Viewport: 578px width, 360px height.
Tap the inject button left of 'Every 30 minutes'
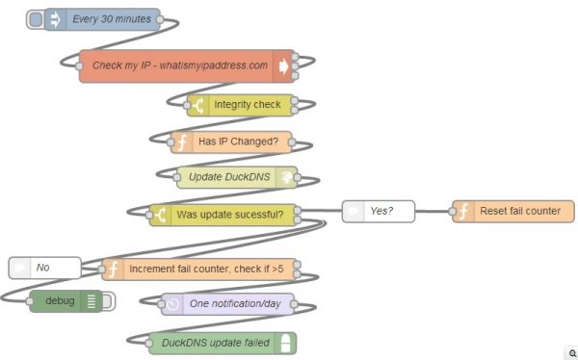point(35,19)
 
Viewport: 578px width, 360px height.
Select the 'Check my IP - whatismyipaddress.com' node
point(179,66)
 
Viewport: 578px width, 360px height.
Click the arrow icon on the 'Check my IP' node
point(283,66)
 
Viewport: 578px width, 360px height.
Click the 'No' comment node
point(43,267)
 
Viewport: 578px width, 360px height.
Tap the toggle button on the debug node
point(108,301)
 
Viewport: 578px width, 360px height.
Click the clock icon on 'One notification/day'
point(171,304)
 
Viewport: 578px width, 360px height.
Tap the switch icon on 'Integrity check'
point(198,104)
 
